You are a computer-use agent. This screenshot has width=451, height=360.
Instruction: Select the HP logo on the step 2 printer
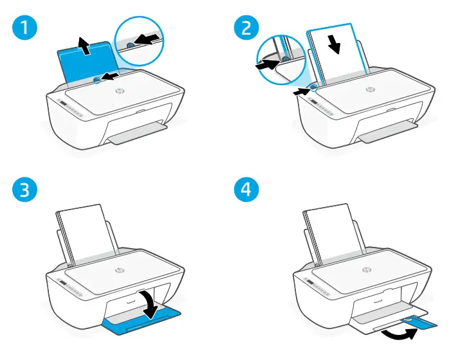coord(370,89)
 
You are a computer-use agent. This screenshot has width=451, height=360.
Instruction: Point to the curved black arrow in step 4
coord(394,333)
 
